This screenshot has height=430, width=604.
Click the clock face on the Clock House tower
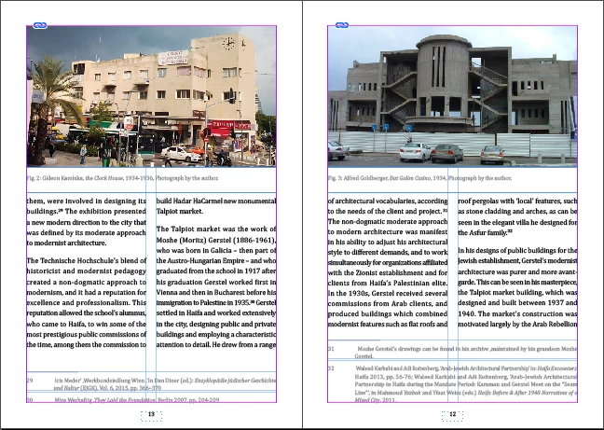(228, 43)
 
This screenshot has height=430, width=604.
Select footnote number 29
(30, 381)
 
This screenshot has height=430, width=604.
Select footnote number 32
(332, 368)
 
